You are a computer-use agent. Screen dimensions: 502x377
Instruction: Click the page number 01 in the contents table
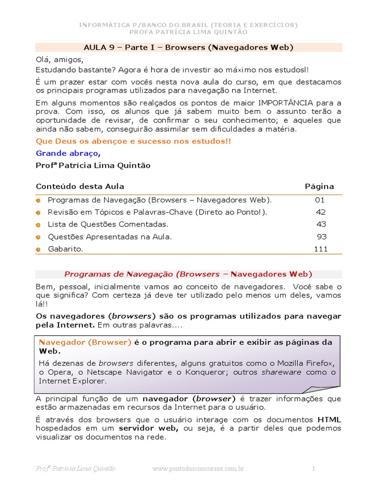(x=320, y=200)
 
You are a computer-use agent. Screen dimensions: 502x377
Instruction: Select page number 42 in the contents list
(x=321, y=212)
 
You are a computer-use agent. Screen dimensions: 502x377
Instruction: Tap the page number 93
(x=322, y=237)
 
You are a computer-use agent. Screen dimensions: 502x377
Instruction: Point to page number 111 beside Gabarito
(x=321, y=249)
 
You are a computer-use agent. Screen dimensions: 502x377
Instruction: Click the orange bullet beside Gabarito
(x=38, y=250)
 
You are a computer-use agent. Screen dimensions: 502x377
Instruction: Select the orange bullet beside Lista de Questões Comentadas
(x=38, y=225)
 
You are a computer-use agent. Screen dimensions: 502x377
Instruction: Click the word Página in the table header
(x=319, y=186)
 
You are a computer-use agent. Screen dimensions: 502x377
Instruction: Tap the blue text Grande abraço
(x=68, y=153)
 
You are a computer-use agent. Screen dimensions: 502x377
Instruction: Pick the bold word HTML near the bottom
(x=329, y=420)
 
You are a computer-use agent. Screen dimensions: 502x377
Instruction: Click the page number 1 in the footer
(x=314, y=469)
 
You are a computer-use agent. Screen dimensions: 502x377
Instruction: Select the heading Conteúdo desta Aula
(x=80, y=186)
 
